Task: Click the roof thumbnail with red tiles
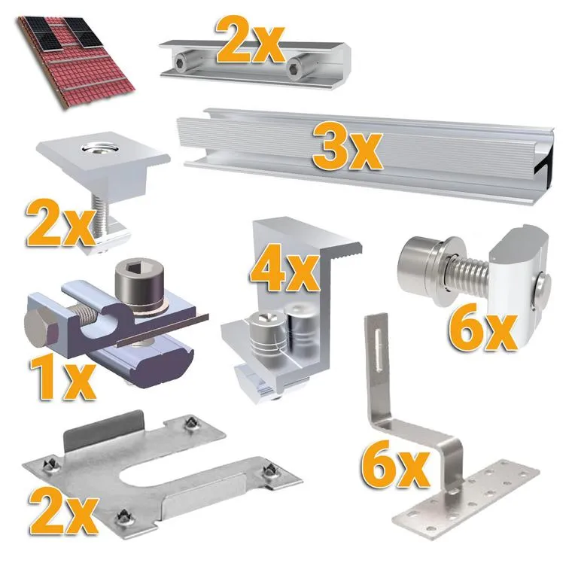pos(75,61)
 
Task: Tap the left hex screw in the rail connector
pos(181,62)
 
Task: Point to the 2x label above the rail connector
pos(251,40)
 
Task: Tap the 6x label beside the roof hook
pos(395,464)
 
